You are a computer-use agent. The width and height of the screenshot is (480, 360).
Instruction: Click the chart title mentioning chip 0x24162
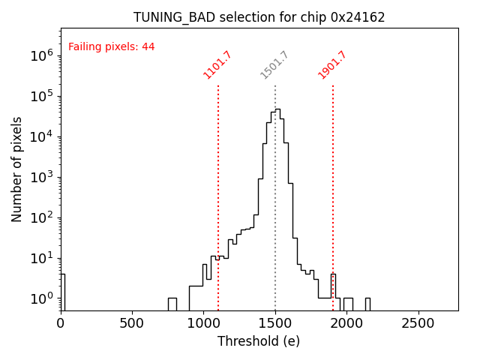[x=259, y=17]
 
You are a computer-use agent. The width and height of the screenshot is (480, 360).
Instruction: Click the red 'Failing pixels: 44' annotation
[x=111, y=46]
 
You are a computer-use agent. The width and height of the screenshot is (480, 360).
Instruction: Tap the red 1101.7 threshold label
[x=217, y=65]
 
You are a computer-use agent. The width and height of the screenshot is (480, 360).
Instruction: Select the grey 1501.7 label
[x=274, y=65]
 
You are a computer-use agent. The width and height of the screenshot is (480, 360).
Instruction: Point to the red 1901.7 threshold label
[x=332, y=65]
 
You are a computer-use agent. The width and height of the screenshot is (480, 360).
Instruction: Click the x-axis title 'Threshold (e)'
[x=259, y=341]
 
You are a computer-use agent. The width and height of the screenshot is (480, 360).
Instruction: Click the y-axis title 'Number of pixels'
[x=17, y=169]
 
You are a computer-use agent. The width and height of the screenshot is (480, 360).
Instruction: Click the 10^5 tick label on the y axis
[x=40, y=95]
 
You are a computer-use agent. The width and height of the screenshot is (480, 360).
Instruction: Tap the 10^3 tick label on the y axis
[x=40, y=177]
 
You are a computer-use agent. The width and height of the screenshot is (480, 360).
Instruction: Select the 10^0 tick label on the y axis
[x=40, y=298]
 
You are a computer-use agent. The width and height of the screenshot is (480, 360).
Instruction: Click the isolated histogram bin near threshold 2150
[x=367, y=304]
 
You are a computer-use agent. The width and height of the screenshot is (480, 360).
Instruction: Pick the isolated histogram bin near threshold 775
[x=172, y=304]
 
